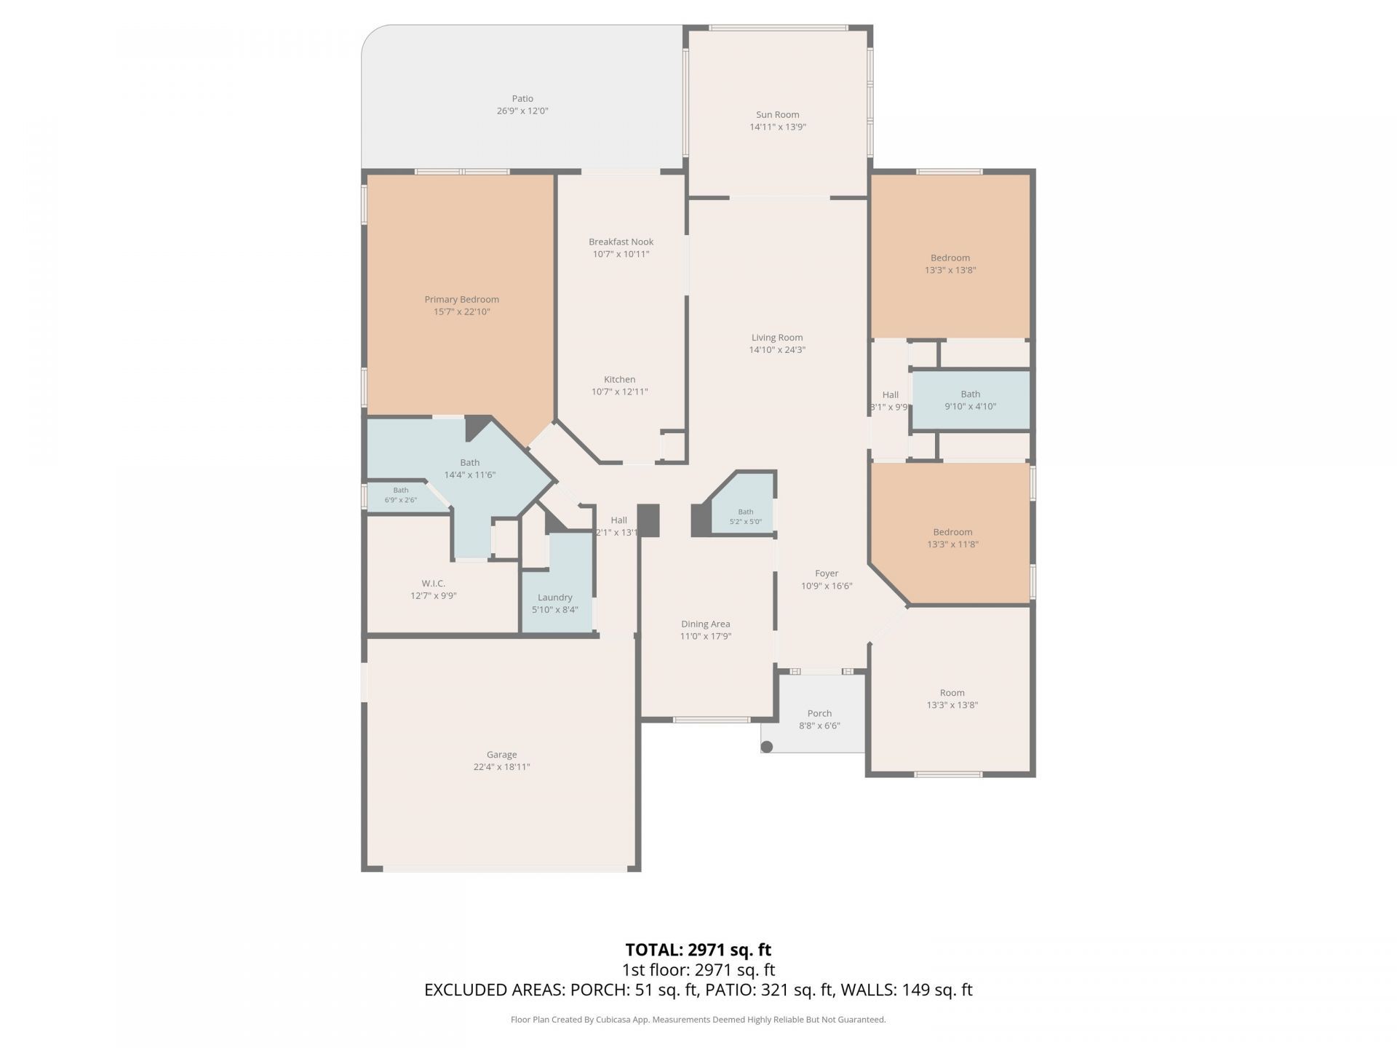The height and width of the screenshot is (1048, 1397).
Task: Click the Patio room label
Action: [x=522, y=99]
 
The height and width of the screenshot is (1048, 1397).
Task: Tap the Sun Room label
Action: [x=777, y=115]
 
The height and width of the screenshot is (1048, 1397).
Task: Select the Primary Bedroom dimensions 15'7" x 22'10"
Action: [x=462, y=311]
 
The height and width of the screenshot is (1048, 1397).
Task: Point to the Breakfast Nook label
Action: [x=621, y=242]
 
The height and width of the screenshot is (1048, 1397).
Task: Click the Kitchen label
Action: [x=619, y=379]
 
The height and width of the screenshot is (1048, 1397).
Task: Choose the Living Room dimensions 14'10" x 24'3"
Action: [x=777, y=350]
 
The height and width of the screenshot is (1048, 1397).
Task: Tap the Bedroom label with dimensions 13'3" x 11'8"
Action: [x=952, y=532]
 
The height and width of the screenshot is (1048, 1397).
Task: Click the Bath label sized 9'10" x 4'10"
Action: [x=970, y=394]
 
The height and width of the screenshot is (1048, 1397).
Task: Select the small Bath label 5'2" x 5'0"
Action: [x=746, y=512]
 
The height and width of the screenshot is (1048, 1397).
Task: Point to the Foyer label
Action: [x=827, y=573]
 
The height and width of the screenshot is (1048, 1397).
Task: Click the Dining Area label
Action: [x=705, y=624]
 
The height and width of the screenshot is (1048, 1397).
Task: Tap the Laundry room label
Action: [x=554, y=598]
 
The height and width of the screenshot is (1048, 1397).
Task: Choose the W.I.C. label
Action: [x=433, y=584]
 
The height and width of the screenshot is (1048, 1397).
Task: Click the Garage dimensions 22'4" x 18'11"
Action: [x=501, y=767]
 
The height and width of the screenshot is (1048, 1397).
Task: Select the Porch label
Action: [x=819, y=713]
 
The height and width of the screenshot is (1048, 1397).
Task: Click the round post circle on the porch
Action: [x=766, y=746]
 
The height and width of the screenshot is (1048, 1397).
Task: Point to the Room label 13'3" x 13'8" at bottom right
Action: [x=952, y=693]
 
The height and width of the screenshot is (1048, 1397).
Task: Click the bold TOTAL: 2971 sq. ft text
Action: [x=698, y=950]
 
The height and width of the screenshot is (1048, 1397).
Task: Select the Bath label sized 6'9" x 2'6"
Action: [x=400, y=491]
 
